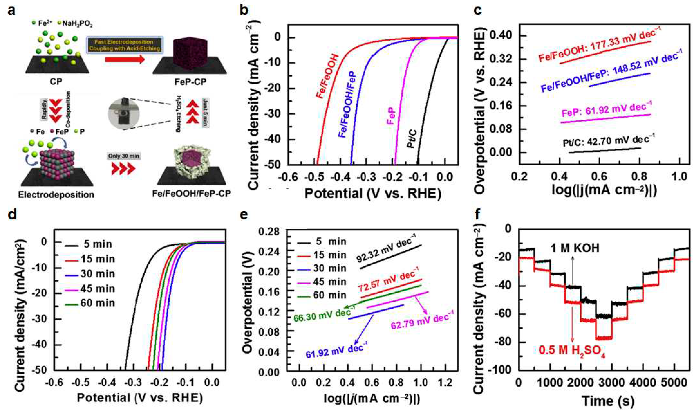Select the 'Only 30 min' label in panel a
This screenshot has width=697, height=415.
pos(124,156)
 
